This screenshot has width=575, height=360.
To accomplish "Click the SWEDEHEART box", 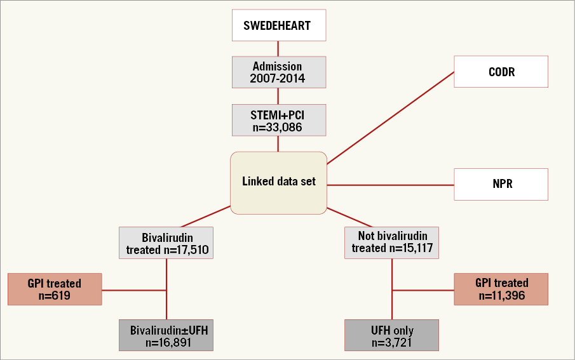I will [278, 25].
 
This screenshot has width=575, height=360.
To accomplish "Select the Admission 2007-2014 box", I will [278, 72].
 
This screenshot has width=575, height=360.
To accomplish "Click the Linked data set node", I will [278, 182].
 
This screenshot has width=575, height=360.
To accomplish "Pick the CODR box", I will [501, 72].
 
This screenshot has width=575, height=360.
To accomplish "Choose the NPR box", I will [501, 185].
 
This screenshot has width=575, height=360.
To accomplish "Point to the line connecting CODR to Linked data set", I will [390, 117].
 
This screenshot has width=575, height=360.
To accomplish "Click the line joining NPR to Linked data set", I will [390, 185].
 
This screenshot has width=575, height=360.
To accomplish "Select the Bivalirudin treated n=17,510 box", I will [166, 243].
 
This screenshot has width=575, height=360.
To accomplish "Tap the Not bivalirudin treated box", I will [391, 242].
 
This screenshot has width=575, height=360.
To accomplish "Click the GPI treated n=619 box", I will [55, 289].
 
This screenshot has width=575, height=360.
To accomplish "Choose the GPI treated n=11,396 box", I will [501, 289].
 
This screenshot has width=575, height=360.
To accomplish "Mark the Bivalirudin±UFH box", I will [166, 336].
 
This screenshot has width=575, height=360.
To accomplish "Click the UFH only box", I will [391, 336].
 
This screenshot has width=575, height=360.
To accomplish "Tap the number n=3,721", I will [391, 343].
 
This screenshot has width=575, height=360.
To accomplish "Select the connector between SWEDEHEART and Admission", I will [278, 49].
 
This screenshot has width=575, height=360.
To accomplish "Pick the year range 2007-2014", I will [278, 79].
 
